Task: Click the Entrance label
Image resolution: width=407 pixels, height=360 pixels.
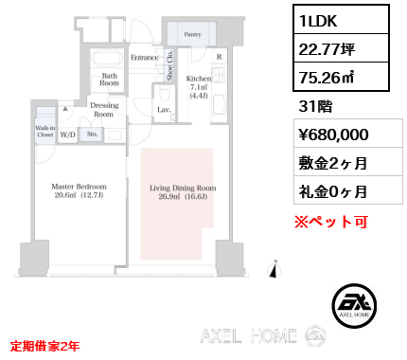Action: click(x=144, y=58)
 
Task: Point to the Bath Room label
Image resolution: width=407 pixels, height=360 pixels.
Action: click(x=109, y=79)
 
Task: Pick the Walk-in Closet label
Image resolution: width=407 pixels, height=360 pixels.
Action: click(x=45, y=131)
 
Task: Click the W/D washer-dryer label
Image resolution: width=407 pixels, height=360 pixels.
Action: click(x=68, y=135)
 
